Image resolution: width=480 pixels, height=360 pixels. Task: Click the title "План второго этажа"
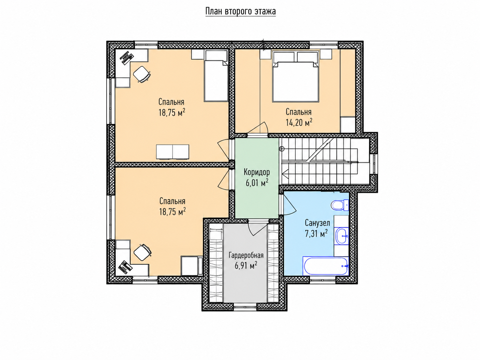[240, 11]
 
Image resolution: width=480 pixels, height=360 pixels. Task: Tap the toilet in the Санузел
[339, 205]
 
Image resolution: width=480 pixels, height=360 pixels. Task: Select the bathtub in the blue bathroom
[326, 266]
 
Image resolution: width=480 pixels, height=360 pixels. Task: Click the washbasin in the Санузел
[342, 236]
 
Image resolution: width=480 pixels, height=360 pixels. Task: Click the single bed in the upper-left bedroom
[216, 76]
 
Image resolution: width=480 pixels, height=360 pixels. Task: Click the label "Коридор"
[257, 172]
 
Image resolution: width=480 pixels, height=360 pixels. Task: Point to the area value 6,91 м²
[246, 266]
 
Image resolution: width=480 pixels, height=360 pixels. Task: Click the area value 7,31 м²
[316, 233]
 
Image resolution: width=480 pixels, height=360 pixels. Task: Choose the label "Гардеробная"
[246, 255]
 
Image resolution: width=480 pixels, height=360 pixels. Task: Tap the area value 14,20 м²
[299, 122]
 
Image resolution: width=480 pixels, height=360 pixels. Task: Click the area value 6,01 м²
[257, 183]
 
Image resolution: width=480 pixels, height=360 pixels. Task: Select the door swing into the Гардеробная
[258, 229]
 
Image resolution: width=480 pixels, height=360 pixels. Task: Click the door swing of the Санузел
[290, 205]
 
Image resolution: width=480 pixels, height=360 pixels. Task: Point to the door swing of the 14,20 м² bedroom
[258, 129]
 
